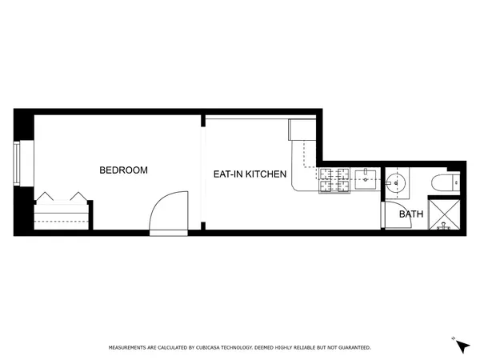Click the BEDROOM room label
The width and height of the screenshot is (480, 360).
[x=123, y=170]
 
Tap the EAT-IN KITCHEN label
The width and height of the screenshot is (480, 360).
[x=249, y=174]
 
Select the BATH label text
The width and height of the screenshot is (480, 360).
[x=411, y=214]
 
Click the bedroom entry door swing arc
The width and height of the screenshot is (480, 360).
[x=170, y=210]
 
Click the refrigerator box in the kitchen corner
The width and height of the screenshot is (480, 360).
[x=303, y=130]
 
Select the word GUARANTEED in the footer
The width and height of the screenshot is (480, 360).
[x=354, y=348]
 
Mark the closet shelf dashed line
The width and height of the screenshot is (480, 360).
[x=62, y=206]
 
